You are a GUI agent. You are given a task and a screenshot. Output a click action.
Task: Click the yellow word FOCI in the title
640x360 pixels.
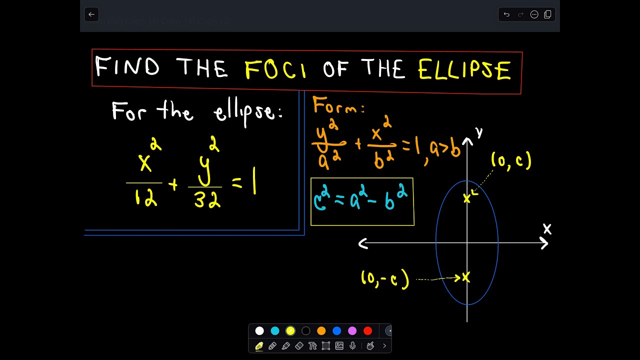(x=276, y=69)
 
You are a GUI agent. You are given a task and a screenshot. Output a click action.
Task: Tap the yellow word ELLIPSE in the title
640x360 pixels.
(x=464, y=69)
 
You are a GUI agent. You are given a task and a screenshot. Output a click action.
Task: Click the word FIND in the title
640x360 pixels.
(x=127, y=66)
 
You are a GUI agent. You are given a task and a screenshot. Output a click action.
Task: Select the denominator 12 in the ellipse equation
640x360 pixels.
(x=145, y=198)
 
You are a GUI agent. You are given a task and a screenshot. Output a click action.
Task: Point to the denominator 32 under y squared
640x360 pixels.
(x=207, y=200)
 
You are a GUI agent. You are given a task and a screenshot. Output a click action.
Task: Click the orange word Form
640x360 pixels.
(x=336, y=106)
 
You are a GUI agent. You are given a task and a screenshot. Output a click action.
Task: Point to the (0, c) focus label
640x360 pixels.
(x=510, y=160)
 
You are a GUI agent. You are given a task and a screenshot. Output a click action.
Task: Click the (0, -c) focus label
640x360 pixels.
(x=385, y=279)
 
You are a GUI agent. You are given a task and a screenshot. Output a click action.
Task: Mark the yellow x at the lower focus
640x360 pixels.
(x=466, y=277)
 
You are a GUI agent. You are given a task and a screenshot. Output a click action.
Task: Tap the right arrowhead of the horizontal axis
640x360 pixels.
(x=544, y=243)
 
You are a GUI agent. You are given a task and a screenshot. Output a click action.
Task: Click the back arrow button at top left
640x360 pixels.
(x=91, y=14)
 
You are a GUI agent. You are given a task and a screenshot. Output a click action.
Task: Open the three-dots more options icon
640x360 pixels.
(x=534, y=14)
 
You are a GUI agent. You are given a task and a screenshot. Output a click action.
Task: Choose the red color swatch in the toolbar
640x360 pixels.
(x=368, y=330)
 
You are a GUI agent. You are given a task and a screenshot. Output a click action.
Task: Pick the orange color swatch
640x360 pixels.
(x=321, y=330)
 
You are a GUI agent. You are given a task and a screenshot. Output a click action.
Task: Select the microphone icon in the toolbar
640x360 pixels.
(x=353, y=345)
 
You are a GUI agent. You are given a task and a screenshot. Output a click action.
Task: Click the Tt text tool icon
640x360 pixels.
(x=313, y=345)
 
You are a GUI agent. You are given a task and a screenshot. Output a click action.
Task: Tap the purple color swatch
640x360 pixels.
(x=352, y=330)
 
